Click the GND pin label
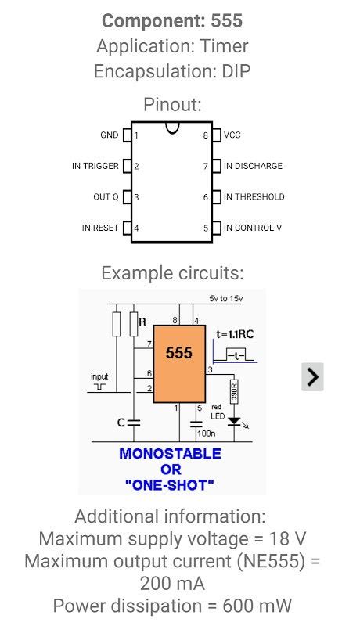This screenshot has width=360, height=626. [109, 135]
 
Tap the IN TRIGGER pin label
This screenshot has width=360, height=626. [95, 166]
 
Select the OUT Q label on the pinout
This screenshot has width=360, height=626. [106, 197]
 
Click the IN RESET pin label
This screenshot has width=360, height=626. [100, 228]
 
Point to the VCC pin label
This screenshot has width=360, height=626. [232, 135]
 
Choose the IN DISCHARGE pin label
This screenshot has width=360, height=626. [253, 166]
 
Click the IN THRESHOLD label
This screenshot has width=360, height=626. [254, 197]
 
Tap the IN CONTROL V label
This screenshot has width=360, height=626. [253, 228]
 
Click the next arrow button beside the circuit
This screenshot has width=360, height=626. [312, 376]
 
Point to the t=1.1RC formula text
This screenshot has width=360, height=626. [235, 334]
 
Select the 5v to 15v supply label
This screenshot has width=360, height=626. [225, 298]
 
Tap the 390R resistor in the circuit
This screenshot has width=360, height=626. [233, 389]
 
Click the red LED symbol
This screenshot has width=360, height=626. [233, 422]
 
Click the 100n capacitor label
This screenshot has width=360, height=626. [207, 432]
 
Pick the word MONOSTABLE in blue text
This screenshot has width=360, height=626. [170, 454]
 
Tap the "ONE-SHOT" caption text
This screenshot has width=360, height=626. [170, 485]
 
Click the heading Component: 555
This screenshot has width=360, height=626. [172, 21]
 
